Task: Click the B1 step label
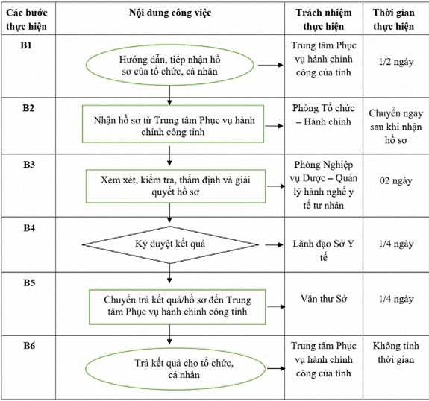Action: pyautogui.click(x=26, y=45)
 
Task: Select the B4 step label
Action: pyautogui.click(x=29, y=227)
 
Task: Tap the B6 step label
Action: pyautogui.click(x=29, y=346)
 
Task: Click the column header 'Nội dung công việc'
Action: pyautogui.click(x=170, y=13)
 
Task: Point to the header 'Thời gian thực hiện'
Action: pyautogui.click(x=394, y=19)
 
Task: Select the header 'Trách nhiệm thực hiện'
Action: pyautogui.click(x=324, y=19)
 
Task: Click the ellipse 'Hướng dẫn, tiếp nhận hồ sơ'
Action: pyautogui.click(x=170, y=65)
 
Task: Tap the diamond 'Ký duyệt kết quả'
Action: pyautogui.click(x=170, y=244)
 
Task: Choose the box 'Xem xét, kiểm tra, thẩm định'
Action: pyautogui.click(x=175, y=186)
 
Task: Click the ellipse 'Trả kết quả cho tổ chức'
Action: pyautogui.click(x=175, y=369)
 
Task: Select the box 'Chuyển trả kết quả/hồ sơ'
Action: pyautogui.click(x=177, y=307)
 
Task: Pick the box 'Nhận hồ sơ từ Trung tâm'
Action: pyautogui.click(x=173, y=124)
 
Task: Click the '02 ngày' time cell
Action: pyautogui.click(x=396, y=180)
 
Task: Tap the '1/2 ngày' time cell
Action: pyautogui.click(x=396, y=62)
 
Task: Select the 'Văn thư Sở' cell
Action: pyautogui.click(x=324, y=299)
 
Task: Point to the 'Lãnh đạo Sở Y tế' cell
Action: pyautogui.click(x=324, y=250)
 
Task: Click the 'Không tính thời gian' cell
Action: pyautogui.click(x=396, y=353)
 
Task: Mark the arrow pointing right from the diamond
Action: pyautogui.click(x=274, y=245)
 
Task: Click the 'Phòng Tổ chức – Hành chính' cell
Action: pyautogui.click(x=324, y=115)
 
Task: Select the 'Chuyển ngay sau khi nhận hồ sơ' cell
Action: pyautogui.click(x=396, y=127)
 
